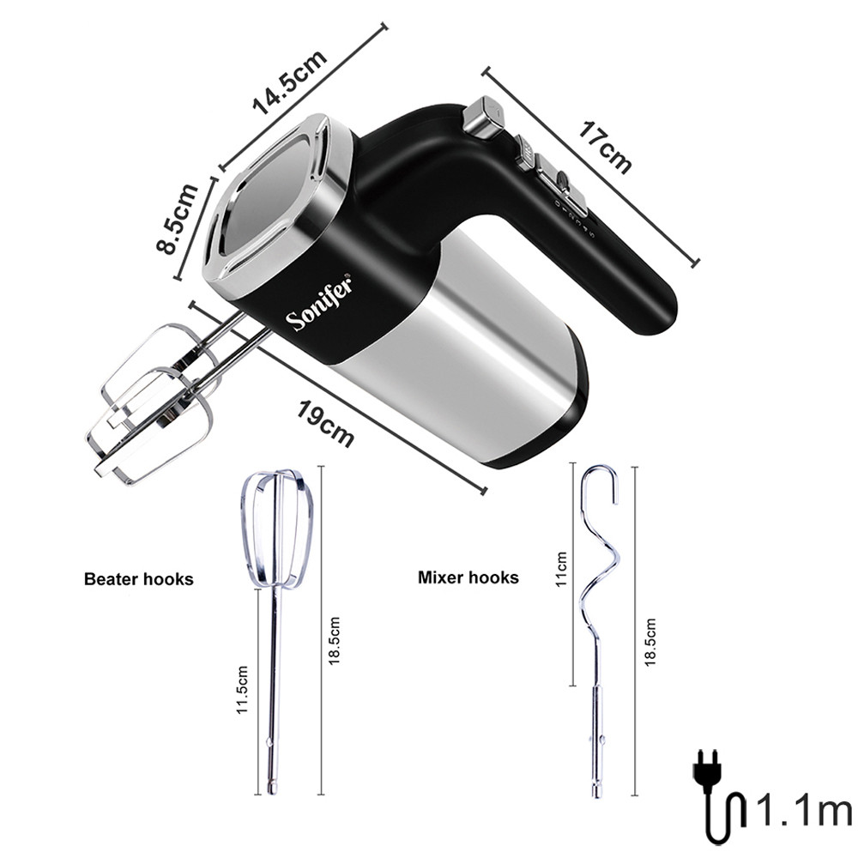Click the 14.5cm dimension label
tap(289, 82)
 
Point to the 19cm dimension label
tap(325, 423)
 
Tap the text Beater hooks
tap(138, 579)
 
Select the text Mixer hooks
tap(468, 577)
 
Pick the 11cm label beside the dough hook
tap(561, 569)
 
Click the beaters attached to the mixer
tap(154, 395)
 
